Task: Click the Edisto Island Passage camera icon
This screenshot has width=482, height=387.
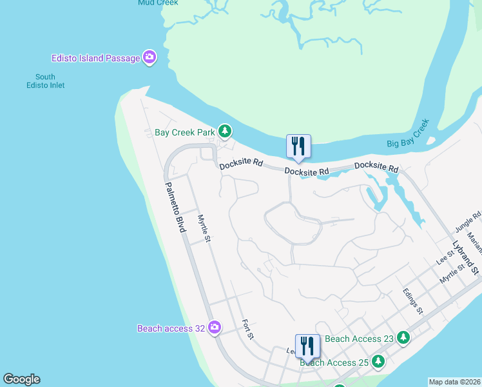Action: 149,58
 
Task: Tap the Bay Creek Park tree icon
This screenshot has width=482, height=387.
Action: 224,132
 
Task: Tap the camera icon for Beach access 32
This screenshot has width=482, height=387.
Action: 215,328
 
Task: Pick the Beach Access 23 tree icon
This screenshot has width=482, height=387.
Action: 403,337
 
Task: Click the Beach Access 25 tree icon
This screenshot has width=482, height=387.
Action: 378,361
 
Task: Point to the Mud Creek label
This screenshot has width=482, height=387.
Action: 158,3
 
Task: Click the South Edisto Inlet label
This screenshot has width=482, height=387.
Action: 50,81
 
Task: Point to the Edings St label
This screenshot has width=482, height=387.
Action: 412,301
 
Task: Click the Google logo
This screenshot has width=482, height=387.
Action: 21,379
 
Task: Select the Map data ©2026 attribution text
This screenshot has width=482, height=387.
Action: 455,382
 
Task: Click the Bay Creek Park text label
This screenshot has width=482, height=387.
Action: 184,132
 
